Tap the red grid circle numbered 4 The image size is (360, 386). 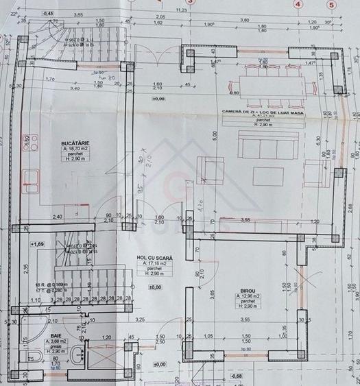tap(298, 3)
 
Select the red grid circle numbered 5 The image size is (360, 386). tap(333, 3)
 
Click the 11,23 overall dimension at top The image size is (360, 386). tap(182, 10)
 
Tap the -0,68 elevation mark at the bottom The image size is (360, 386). tap(237, 376)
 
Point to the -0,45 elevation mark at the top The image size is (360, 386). tap(48, 13)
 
